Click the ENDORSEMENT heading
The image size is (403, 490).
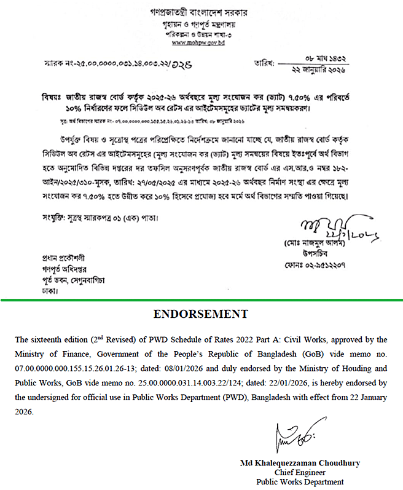tap(201, 315)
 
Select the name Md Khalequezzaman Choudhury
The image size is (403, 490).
tap(300, 463)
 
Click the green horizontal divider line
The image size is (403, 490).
tap(201, 300)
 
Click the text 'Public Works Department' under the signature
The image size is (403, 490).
tap(300, 481)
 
